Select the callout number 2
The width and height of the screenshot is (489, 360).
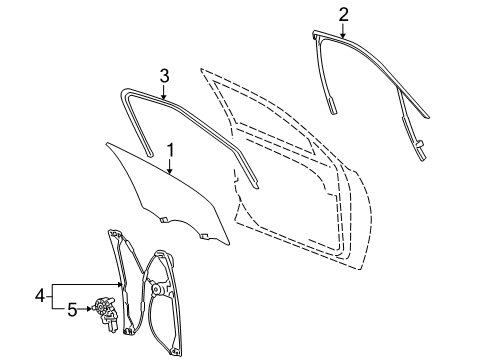click(344, 14)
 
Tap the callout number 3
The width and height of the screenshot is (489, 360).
click(165, 74)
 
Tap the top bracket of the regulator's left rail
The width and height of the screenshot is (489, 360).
click(112, 236)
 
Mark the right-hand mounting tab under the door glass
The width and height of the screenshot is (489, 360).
click(203, 236)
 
